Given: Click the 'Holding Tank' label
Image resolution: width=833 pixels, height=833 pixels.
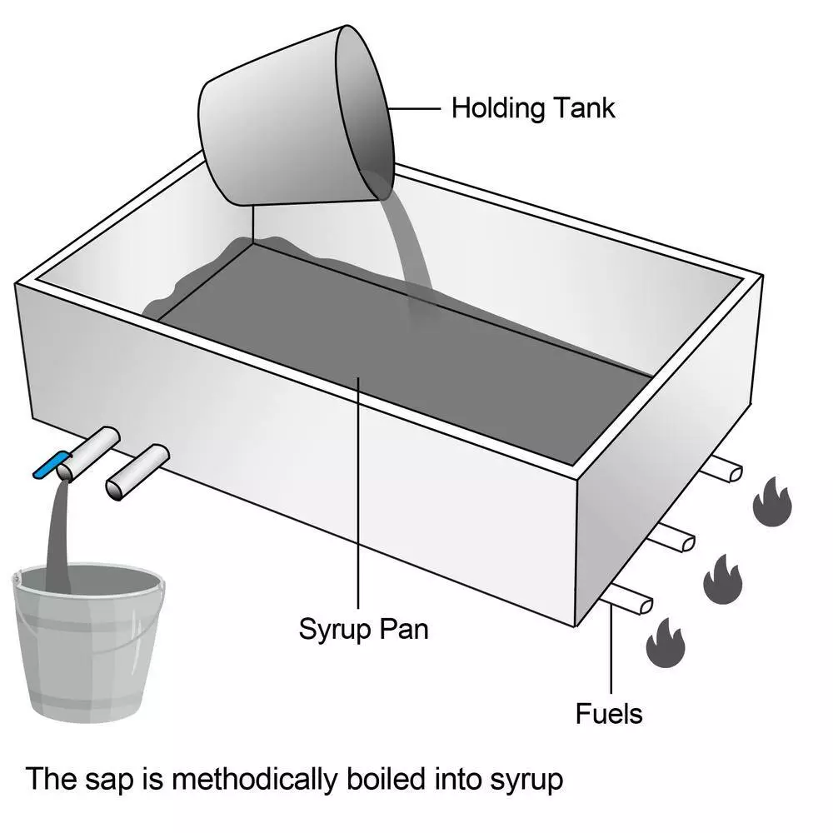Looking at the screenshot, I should (x=532, y=108).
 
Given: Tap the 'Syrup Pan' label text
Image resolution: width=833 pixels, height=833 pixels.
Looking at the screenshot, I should (x=363, y=629).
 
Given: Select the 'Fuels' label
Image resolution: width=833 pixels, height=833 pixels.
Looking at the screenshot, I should (x=609, y=713).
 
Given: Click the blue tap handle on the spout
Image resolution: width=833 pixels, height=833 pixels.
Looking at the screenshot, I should (x=50, y=464).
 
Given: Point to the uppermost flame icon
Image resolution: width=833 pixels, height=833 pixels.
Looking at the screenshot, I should (x=771, y=501).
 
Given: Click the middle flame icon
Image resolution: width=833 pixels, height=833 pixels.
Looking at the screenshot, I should (x=722, y=577).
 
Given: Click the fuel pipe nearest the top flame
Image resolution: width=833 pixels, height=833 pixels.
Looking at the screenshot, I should (x=721, y=470).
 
